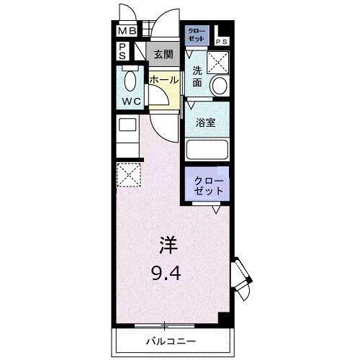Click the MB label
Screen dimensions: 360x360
(127, 31)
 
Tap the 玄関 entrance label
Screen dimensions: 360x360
(163, 55)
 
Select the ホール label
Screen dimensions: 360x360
(163, 81)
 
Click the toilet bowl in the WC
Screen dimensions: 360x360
(130, 78)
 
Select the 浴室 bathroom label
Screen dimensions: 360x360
(207, 122)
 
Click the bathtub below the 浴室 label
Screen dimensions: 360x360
(207, 149)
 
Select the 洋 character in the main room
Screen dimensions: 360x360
(166, 246)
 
